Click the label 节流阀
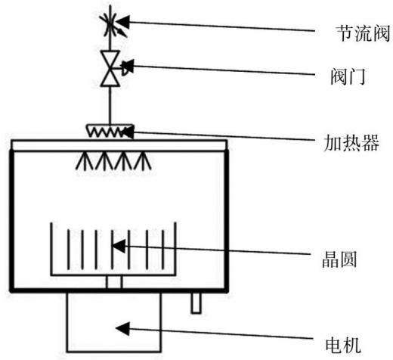tap(364, 33)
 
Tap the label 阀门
tap(348, 76)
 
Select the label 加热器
tap(351, 143)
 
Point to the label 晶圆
tap(339, 259)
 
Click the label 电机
tap(343, 345)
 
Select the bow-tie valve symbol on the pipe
tap(110, 69)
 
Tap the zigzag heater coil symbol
tap(107, 132)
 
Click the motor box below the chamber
tap(114, 322)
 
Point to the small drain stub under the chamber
tap(196, 303)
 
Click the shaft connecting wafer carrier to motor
tap(114, 282)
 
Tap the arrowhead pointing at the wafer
tap(119, 246)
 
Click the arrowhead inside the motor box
tap(122, 328)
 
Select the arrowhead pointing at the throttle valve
tap(123, 22)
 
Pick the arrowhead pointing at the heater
tap(128, 132)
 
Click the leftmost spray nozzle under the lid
tap(85, 160)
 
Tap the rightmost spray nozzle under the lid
tap(143, 160)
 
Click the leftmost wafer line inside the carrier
tap(68, 249)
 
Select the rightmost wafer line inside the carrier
tap(163, 249)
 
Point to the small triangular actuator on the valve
tap(127, 67)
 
